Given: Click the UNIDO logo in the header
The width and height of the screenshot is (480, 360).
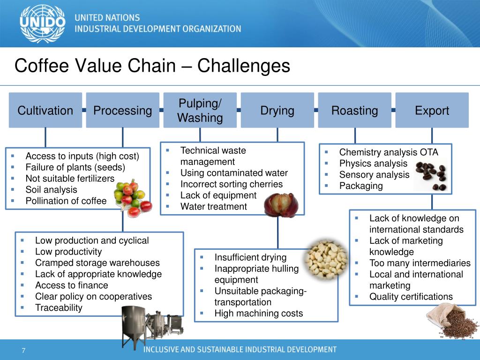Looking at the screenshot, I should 43,23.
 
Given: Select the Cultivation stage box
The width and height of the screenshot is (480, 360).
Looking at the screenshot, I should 45,111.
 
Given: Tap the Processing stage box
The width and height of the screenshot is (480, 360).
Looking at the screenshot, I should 123,111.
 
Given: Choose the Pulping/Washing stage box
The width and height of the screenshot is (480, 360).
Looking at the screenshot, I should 200,111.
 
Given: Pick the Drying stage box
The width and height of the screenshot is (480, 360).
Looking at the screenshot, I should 277,111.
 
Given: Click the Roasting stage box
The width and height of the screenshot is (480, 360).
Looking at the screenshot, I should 354,111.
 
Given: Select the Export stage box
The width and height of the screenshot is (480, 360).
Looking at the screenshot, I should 432,111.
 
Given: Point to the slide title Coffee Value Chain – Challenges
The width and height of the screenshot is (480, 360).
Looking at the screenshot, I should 152,66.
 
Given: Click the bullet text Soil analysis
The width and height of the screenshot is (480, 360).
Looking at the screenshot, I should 52,190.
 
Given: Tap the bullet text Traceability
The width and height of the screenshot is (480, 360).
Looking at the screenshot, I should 59,308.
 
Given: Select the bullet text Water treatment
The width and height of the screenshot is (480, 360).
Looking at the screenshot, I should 213,206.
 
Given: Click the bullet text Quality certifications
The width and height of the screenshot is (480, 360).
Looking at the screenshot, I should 411,297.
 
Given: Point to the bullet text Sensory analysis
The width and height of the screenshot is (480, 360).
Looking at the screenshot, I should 374,175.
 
